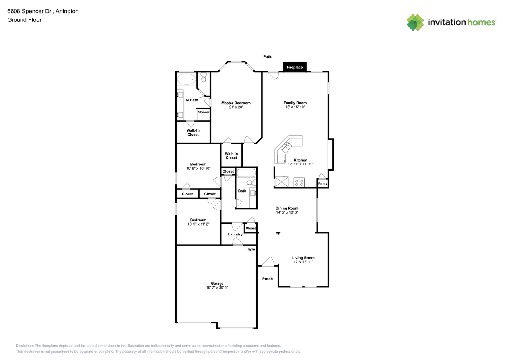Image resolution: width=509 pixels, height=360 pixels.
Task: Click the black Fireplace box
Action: tap(295, 67)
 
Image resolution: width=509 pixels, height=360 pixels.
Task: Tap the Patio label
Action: tap(268, 56)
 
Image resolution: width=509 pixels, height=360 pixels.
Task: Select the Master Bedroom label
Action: tap(236, 103)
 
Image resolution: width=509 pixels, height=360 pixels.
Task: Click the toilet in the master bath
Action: tap(204, 77)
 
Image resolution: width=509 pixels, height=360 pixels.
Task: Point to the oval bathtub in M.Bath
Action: tap(187, 79)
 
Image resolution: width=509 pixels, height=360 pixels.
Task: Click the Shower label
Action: tap(203, 112)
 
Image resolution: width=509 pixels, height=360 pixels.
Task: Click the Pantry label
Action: tap(322, 183)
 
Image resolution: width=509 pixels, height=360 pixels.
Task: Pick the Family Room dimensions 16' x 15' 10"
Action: tap(295, 107)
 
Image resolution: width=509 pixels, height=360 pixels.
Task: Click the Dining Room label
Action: tap(287, 208)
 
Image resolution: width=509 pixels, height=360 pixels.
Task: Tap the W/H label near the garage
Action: tap(251, 250)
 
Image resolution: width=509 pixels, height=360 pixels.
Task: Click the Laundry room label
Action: tap(235, 234)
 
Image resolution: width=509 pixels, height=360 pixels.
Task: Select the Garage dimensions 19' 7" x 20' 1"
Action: tap(217, 288)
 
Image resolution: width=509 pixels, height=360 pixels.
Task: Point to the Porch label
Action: tap(268, 279)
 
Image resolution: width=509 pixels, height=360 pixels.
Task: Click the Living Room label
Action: tap(303, 258)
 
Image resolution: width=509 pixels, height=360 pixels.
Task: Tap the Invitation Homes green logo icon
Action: tap(415, 22)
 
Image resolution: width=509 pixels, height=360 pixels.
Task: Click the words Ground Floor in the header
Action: tap(24, 20)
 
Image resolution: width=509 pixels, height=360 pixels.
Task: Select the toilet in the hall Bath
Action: tap(251, 183)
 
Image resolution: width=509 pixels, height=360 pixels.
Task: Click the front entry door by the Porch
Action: tap(268, 262)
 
